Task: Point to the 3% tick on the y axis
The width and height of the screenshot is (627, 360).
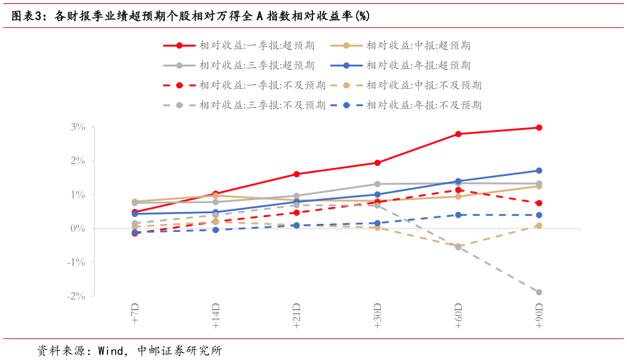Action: (77, 127)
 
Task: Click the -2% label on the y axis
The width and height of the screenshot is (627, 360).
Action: (76, 296)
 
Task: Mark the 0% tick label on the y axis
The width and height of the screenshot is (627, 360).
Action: (77, 228)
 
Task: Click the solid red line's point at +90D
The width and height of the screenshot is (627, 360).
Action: (539, 127)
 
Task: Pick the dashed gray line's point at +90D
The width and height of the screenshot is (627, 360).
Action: (539, 292)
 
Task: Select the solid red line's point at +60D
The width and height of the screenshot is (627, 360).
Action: (458, 134)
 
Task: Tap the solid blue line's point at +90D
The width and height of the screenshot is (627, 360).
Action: (539, 170)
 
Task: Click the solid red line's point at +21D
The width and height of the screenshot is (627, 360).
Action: (296, 174)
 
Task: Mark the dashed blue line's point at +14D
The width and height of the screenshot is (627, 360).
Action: (216, 230)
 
